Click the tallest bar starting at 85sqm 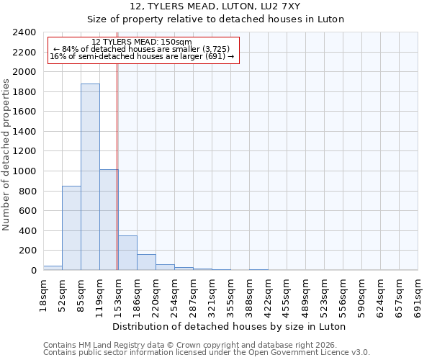click(90, 177)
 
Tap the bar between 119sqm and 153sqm click(109, 220)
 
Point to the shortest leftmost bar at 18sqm click(53, 268)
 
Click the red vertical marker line click(117, 166)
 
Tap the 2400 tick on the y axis click(24, 32)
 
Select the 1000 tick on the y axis click(24, 171)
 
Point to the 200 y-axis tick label click(27, 251)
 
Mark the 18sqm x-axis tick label click(44, 294)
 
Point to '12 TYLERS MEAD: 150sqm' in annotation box click(142, 42)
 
